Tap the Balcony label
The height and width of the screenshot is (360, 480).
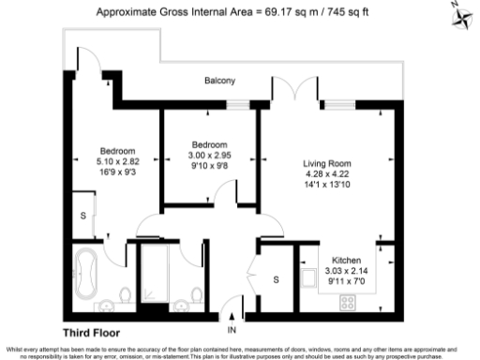tap(219, 82)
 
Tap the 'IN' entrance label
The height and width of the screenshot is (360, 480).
tap(232, 329)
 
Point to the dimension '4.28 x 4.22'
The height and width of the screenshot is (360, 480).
tap(326, 172)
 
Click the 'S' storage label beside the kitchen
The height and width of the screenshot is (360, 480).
tap(276, 279)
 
